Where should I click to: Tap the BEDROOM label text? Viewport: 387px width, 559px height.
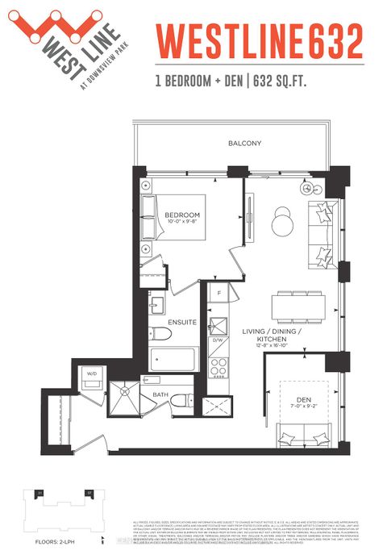pyautogui.click(x=182, y=215)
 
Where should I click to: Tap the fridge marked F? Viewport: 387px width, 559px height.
pyautogui.click(x=218, y=295)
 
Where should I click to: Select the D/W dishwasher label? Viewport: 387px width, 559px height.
pyautogui.click(x=218, y=341)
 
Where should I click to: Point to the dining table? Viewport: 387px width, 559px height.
pyautogui.click(x=298, y=306)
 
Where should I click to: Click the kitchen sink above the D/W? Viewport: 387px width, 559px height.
pyautogui.click(x=218, y=326)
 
